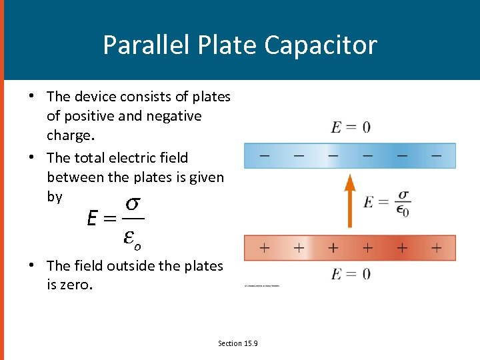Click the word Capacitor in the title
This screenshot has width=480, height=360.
321,45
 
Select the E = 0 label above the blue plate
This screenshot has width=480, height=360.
351,127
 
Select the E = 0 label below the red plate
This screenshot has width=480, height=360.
351,274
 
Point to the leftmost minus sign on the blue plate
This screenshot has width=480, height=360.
265,155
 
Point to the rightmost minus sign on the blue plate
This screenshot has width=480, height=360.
436,155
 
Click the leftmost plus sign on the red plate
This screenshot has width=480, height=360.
265,248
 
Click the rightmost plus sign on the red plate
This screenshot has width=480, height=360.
436,248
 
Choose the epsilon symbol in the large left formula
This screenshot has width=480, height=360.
131,236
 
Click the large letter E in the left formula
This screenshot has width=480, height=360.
93,218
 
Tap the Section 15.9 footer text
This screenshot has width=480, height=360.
238,343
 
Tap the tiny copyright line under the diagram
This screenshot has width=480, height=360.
262,285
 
